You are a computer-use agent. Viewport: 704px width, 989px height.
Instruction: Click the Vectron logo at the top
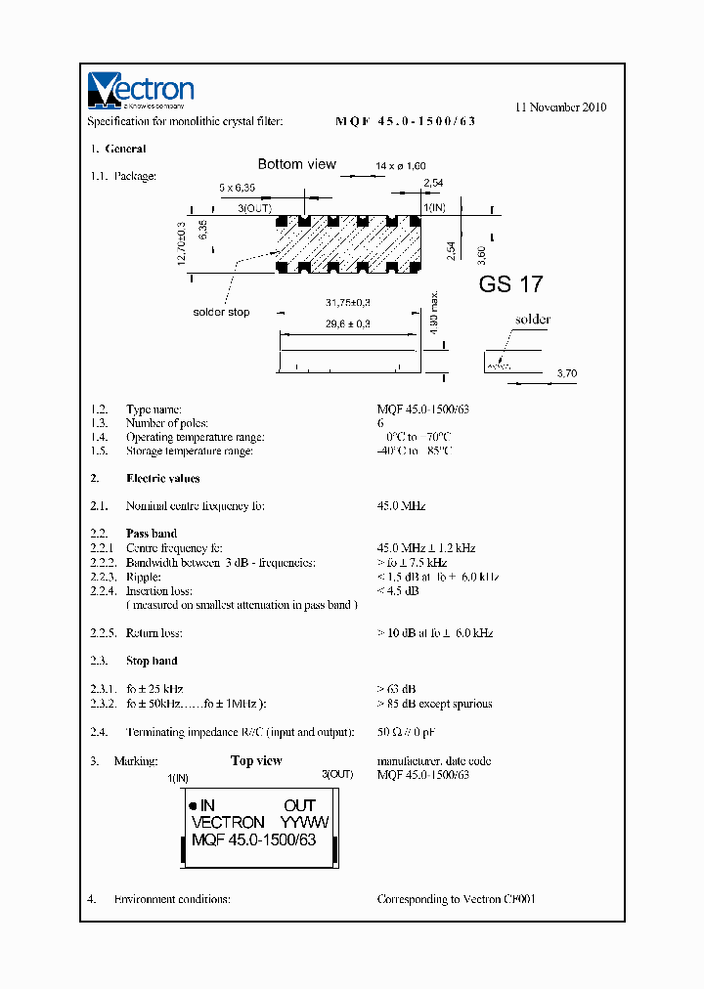point(141,90)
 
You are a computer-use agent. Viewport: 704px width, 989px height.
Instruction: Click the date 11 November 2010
point(560,107)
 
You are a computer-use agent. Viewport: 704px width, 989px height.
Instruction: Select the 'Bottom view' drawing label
point(296,164)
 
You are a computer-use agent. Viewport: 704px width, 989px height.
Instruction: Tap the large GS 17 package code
point(510,285)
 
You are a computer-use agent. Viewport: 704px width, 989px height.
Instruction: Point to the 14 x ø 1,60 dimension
point(401,167)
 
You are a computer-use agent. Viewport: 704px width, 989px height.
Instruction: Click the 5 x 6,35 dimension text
point(237,187)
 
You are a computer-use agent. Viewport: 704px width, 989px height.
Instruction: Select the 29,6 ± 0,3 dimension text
point(345,322)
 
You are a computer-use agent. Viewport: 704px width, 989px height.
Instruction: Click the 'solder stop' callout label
point(220,313)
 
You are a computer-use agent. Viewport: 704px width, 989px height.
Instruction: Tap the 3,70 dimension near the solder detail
point(566,373)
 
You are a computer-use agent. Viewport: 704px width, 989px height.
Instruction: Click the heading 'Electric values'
point(162,479)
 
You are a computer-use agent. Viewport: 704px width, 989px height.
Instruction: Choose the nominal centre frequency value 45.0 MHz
point(401,506)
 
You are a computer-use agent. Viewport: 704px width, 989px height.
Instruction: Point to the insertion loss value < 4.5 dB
point(398,591)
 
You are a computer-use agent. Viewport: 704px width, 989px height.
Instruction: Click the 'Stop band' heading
point(152,662)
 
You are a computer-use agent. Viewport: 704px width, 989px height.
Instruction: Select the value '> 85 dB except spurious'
point(434,704)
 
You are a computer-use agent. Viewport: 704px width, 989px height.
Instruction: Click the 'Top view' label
point(256,760)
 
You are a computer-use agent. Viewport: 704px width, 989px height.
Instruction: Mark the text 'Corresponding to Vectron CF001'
point(456,899)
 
